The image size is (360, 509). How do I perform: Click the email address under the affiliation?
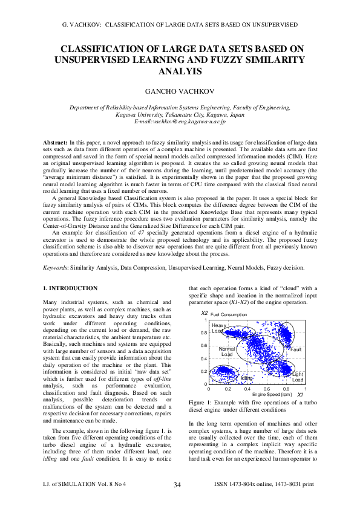[180, 122]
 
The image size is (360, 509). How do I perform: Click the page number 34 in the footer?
[177, 484]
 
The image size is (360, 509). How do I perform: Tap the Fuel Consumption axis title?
[229, 314]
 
